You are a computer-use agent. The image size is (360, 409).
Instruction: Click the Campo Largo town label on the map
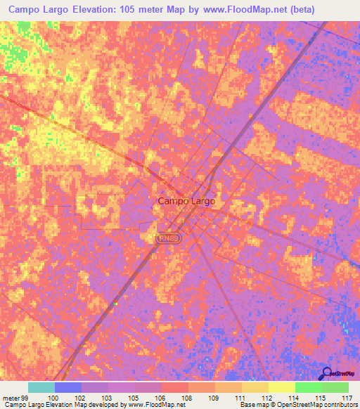pyautogui.click(x=186, y=201)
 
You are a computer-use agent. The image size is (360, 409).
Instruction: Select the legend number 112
pyautogui.click(x=268, y=398)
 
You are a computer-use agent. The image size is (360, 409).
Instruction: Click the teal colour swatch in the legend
pyautogui.click(x=41, y=387)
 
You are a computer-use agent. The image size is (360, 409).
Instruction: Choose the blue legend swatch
pyautogui.click(x=68, y=387)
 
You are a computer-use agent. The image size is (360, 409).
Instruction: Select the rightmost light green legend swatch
pyautogui.click(x=335, y=387)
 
